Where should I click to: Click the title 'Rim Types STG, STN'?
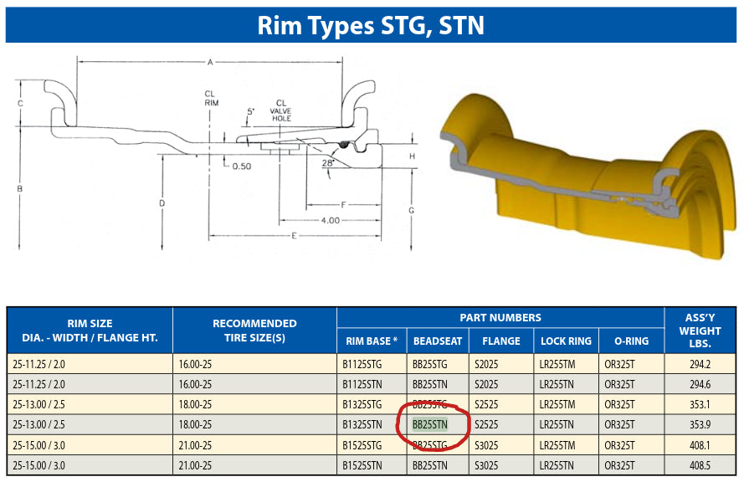tap(371, 25)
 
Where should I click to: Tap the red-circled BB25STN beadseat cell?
tap(430, 424)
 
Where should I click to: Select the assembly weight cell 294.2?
tap(700, 364)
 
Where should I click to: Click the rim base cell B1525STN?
tap(362, 465)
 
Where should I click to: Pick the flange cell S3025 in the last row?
tap(486, 465)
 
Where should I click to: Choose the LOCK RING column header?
tap(566, 341)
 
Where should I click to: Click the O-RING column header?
tap(631, 341)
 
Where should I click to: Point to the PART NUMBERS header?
tap(500, 317)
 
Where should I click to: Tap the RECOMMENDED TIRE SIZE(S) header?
tap(254, 331)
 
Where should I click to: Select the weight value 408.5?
tap(700, 465)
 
